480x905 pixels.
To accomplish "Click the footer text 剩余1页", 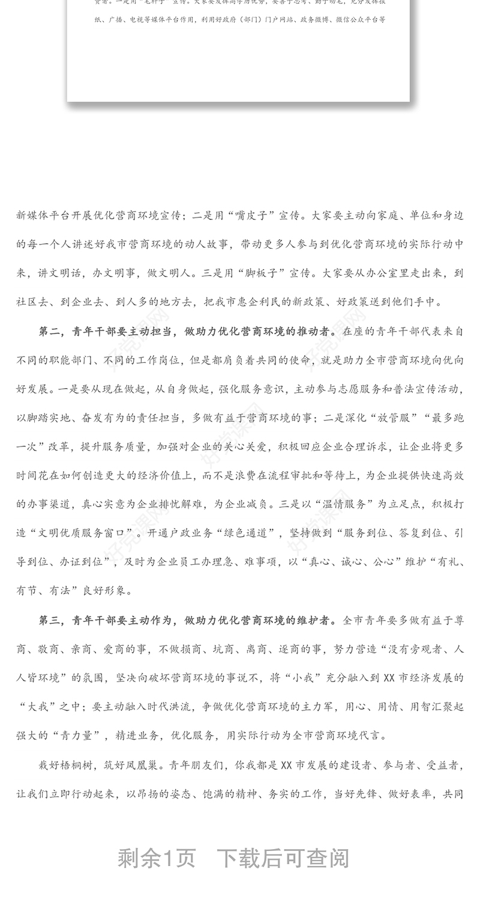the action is pos(157,858).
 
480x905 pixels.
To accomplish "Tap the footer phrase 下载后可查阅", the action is pos(283,858).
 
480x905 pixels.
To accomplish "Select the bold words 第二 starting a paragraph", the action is pos(50,331).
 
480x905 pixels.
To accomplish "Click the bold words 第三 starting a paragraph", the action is pos(50,620).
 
